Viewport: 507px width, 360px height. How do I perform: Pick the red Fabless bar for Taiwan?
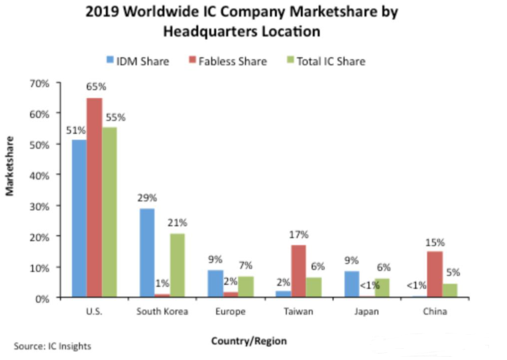tap(299, 271)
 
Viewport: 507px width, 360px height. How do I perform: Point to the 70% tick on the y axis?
tap(41, 83)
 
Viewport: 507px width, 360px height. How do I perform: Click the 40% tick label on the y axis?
tap(41, 175)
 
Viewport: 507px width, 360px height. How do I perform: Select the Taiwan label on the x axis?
tap(299, 311)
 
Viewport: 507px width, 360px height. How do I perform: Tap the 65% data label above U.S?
tap(95, 87)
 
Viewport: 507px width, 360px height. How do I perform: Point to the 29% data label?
tap(147, 198)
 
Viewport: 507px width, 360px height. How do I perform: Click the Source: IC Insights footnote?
tap(52, 345)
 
